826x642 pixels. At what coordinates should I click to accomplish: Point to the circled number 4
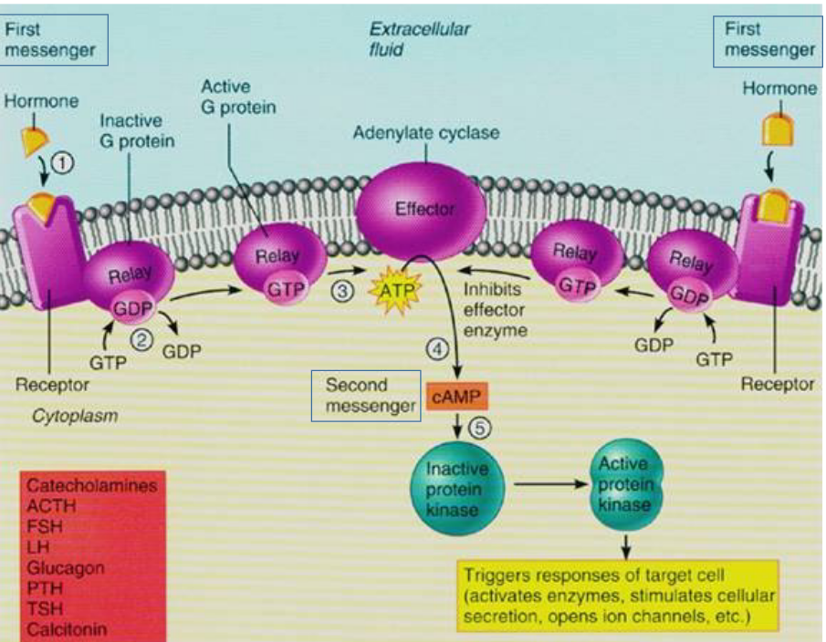tap(439, 347)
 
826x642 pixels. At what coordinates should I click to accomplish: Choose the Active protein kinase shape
tap(624, 484)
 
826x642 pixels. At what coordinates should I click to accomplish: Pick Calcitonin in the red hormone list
tap(67, 629)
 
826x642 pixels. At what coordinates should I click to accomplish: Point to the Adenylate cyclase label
tap(426, 133)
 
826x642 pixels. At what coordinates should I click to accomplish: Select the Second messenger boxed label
tap(366, 396)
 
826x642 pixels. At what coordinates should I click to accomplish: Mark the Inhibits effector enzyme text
tap(496, 309)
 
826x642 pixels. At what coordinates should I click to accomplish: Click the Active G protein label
tap(238, 97)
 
